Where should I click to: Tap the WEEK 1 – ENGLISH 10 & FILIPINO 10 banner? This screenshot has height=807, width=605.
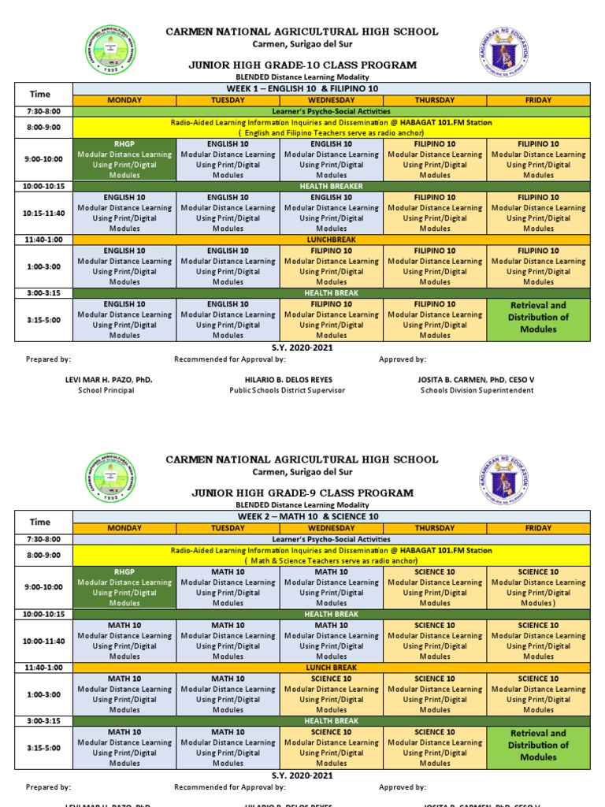[331, 89]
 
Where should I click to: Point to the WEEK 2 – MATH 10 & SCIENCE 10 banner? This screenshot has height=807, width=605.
[331, 516]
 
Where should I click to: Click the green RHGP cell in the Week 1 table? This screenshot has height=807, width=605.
[124, 160]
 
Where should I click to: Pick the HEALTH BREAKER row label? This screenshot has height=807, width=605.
[331, 186]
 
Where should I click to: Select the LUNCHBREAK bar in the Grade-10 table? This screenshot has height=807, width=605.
[331, 240]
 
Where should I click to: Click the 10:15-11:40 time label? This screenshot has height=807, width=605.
[39, 213]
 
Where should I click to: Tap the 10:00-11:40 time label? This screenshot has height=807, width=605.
[39, 641]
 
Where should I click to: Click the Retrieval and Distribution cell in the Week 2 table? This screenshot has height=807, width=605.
[538, 745]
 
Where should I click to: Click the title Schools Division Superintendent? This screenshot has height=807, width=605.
[477, 390]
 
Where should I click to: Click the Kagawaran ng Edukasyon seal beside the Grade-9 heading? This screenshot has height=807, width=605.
[503, 478]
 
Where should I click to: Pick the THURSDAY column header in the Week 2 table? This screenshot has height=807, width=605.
[435, 527]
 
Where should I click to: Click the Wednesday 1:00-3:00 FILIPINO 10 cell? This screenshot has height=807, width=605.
[331, 266]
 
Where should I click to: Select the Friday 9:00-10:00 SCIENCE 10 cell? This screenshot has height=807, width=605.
[538, 588]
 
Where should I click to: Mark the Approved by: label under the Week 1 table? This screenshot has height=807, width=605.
[403, 359]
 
